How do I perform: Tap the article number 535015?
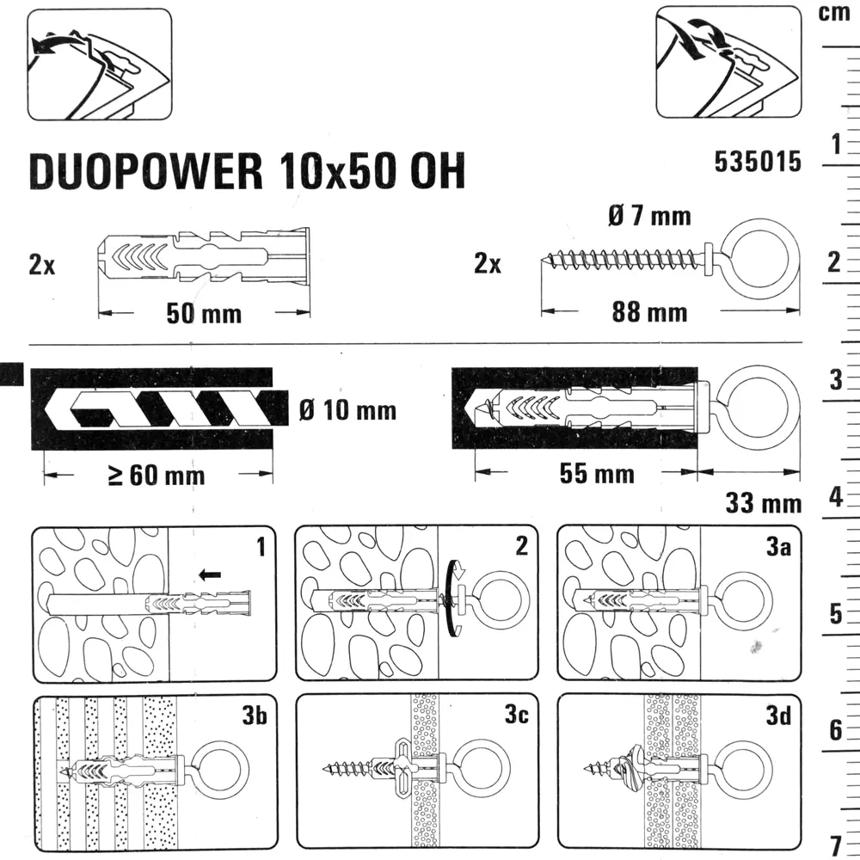pyautogui.click(x=757, y=162)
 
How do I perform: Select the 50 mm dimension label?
pyautogui.click(x=203, y=314)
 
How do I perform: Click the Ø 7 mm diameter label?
pyautogui.click(x=648, y=215)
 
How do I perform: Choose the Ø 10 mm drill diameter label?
pyautogui.click(x=348, y=410)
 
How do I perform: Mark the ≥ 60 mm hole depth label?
pyautogui.click(x=156, y=475)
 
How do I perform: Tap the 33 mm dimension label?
pyautogui.click(x=763, y=503)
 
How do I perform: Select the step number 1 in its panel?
pyautogui.click(x=261, y=544)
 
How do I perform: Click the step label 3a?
pyautogui.click(x=777, y=544)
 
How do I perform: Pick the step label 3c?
pyautogui.click(x=516, y=713)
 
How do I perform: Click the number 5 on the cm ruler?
pyautogui.click(x=833, y=614)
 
